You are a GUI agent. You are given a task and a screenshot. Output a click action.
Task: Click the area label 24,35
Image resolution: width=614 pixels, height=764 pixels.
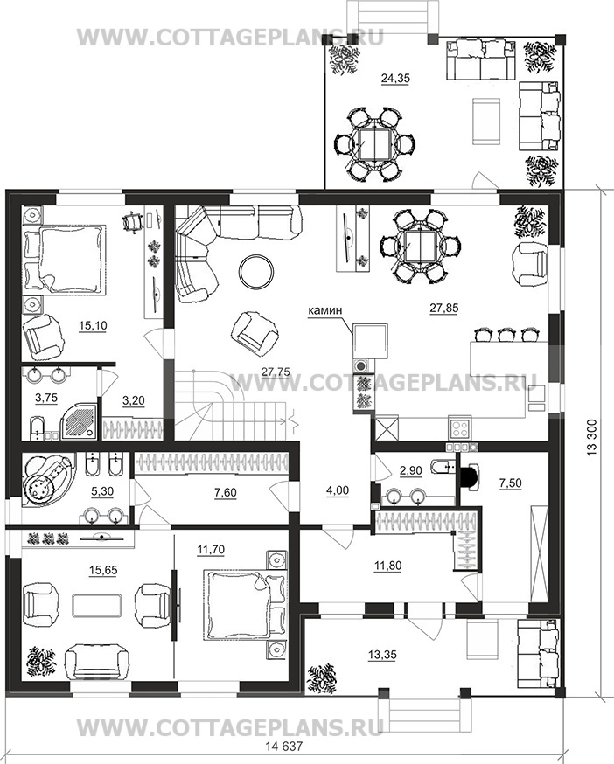coord(395,78)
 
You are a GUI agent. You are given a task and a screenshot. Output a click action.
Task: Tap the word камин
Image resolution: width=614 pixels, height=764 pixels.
coord(324,310)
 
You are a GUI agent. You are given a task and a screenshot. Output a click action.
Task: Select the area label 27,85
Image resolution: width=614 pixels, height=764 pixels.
coord(443,308)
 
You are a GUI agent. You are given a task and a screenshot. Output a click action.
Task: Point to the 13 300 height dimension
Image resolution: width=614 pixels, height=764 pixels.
coord(591,437)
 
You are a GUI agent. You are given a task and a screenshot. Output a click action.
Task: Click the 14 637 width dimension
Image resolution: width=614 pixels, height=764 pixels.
coord(284,746)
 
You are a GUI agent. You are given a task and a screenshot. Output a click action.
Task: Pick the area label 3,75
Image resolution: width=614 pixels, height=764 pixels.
coord(45,398)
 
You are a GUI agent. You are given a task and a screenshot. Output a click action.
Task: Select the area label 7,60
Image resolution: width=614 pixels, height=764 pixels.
coord(225,493)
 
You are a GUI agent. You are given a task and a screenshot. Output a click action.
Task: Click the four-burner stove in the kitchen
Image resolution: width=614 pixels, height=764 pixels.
coord(460,428)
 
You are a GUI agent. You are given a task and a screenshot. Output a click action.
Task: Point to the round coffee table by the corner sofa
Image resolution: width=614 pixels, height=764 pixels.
coord(256,271)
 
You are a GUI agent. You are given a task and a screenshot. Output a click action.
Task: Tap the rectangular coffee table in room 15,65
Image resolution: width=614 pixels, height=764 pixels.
coord(96,606)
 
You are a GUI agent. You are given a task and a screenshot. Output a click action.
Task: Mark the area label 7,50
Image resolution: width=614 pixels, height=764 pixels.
coord(510,483)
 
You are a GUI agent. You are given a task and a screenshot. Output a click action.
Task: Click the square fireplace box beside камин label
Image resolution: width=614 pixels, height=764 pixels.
coord(370,340)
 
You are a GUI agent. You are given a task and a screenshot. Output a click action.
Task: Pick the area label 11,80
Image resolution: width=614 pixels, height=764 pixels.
coord(387,566)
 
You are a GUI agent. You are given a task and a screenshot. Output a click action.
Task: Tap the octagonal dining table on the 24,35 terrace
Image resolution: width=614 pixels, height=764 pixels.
coord(373,145)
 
